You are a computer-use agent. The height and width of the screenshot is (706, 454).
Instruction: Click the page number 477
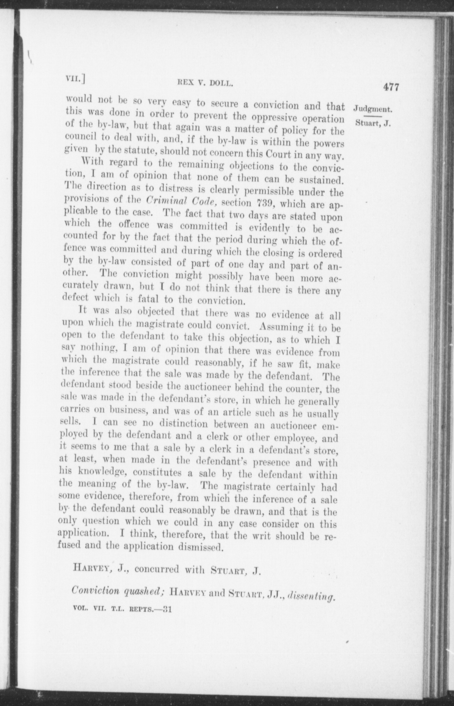[x=391, y=87]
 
